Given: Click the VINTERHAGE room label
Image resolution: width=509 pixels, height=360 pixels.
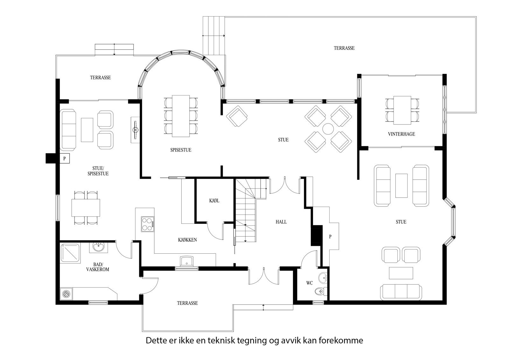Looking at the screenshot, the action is [x=401, y=134].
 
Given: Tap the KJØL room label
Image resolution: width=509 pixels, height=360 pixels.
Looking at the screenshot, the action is [x=214, y=201].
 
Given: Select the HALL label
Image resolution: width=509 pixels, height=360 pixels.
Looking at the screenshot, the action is [x=281, y=222].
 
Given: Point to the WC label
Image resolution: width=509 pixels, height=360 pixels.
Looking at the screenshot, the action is [x=310, y=283].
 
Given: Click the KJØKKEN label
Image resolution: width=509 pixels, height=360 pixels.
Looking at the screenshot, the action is [x=187, y=240].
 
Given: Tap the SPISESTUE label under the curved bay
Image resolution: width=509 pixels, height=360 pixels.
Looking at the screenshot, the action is [x=181, y=150].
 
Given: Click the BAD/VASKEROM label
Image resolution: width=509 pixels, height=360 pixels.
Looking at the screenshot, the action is [x=98, y=267].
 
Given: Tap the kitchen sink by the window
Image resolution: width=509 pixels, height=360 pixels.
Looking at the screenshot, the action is [x=187, y=261].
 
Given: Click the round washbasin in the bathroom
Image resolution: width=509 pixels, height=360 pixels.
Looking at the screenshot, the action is [x=98, y=247].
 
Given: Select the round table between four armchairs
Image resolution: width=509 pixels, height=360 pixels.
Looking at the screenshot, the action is [x=328, y=129].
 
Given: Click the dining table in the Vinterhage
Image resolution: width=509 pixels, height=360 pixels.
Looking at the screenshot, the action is [x=402, y=110].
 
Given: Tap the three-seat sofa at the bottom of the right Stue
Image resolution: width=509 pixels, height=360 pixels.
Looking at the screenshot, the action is [x=401, y=292].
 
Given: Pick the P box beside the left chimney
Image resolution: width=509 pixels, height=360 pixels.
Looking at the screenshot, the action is [x=64, y=159].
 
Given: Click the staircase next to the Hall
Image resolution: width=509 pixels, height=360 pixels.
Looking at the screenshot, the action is [x=250, y=210].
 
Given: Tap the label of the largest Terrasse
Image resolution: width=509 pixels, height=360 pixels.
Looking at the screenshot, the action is [x=344, y=48].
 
